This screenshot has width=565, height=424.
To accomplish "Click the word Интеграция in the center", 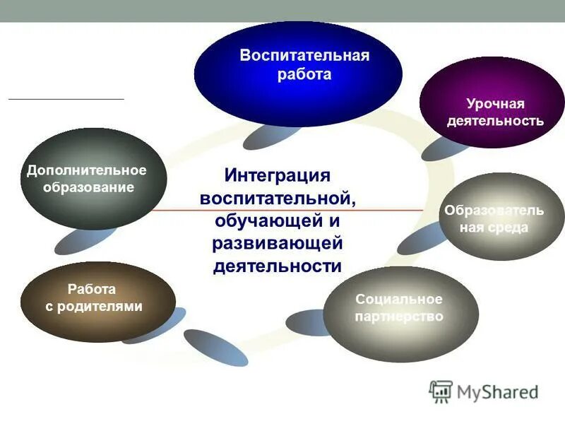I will tap(278, 174).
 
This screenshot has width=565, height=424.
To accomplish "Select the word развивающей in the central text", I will tap(277, 243).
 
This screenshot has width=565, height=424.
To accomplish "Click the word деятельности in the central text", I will tap(277, 266).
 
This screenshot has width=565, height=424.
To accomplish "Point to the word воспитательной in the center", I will tap(278, 197).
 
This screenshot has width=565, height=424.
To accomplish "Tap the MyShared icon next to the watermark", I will tap(441, 391).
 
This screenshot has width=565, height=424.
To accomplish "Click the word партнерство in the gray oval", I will tap(399, 317).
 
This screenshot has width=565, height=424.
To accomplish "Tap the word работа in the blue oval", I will tap(304, 73).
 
